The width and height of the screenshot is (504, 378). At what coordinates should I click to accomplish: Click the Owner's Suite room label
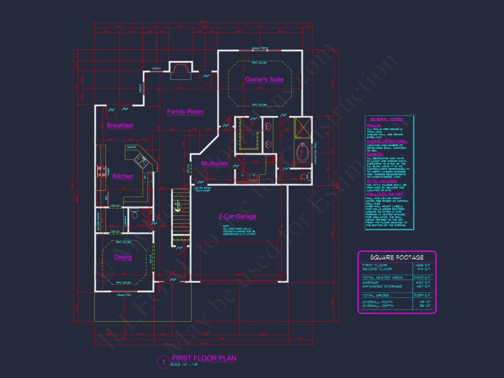click(264, 80)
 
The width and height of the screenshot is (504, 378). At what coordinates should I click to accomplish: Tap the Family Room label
click(185, 112)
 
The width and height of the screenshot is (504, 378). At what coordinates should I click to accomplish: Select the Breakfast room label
click(120, 126)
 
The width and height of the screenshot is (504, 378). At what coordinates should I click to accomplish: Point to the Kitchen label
click(123, 176)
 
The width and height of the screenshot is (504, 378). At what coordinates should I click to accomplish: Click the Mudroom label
click(214, 164)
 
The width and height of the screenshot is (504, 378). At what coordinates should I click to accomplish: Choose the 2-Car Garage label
click(237, 216)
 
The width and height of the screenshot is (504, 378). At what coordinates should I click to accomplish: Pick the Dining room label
click(123, 257)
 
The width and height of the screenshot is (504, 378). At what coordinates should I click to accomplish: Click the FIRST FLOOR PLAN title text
click(204, 358)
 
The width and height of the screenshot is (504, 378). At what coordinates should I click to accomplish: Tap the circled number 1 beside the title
click(163, 362)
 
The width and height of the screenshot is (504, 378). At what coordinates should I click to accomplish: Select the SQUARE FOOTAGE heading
click(397, 257)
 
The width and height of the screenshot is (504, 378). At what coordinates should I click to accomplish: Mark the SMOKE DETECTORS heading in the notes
click(386, 142)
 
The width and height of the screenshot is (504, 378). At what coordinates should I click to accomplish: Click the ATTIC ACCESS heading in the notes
click(382, 181)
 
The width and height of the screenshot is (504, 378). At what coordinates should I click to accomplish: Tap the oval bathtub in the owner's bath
click(302, 153)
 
